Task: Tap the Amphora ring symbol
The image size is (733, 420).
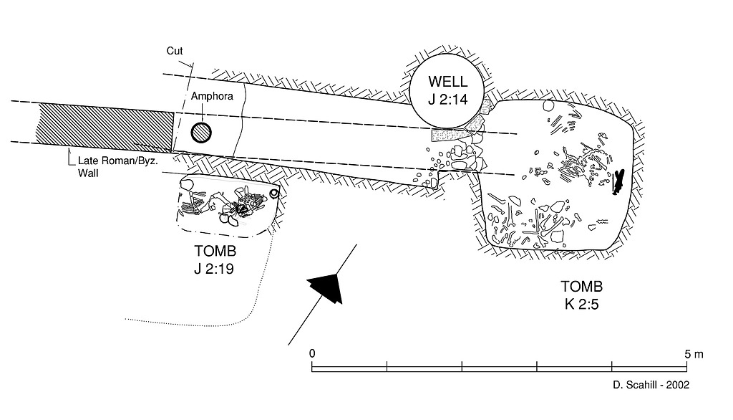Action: [201, 133]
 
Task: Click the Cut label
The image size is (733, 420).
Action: [175, 51]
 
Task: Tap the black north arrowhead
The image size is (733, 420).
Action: [324, 286]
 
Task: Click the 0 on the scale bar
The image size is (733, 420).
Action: [312, 353]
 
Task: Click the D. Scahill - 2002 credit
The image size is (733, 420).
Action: [651, 385]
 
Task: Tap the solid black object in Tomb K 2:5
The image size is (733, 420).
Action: [618, 183]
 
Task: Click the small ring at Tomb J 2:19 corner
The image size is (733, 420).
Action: [274, 193]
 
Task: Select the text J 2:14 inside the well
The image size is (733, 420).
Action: [448, 100]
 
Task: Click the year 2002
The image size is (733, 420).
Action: [677, 385]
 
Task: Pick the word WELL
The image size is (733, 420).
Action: [448, 81]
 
